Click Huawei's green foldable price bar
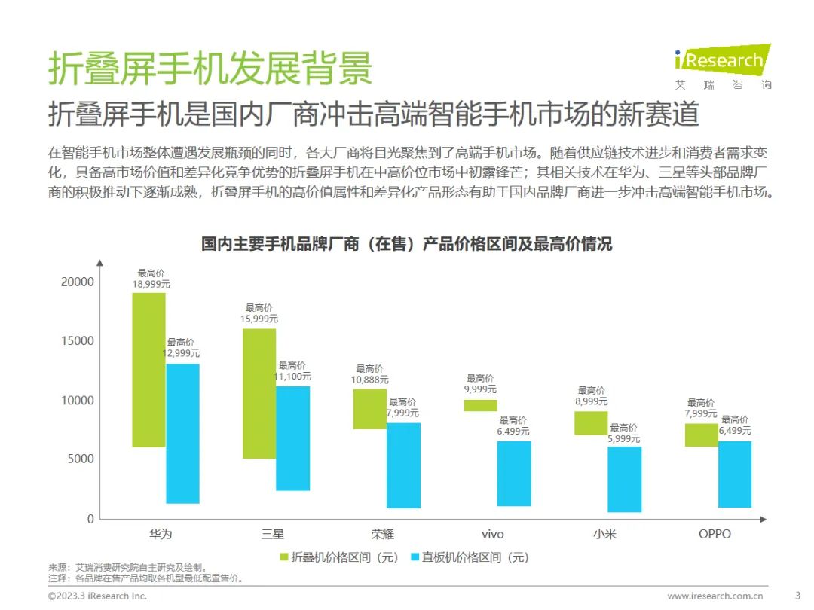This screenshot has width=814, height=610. pyautogui.click(x=148, y=369)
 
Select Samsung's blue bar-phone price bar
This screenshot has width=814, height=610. pyautogui.click(x=292, y=438)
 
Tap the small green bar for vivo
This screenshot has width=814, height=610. pyautogui.click(x=480, y=405)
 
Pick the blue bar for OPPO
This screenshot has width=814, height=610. pyautogui.click(x=734, y=474)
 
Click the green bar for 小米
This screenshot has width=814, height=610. pyautogui.click(x=591, y=422)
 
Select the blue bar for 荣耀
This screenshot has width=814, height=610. pyautogui.click(x=403, y=465)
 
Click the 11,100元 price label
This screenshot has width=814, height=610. pyautogui.click(x=292, y=377)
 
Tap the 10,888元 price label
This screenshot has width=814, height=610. pyautogui.click(x=370, y=380)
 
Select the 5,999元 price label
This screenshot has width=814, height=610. pyautogui.click(x=624, y=438)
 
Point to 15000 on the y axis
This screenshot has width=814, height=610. pyautogui.click(x=78, y=341)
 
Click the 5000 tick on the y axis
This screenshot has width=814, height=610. pyautogui.click(x=81, y=459)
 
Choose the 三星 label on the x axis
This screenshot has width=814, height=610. pyautogui.click(x=273, y=535)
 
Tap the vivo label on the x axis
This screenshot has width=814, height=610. pyautogui.click(x=493, y=535)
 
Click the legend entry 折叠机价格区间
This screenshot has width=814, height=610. pyautogui.click(x=338, y=557)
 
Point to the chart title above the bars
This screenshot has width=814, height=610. pyautogui.click(x=406, y=244)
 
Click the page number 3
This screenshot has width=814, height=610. pyautogui.click(x=798, y=596)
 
